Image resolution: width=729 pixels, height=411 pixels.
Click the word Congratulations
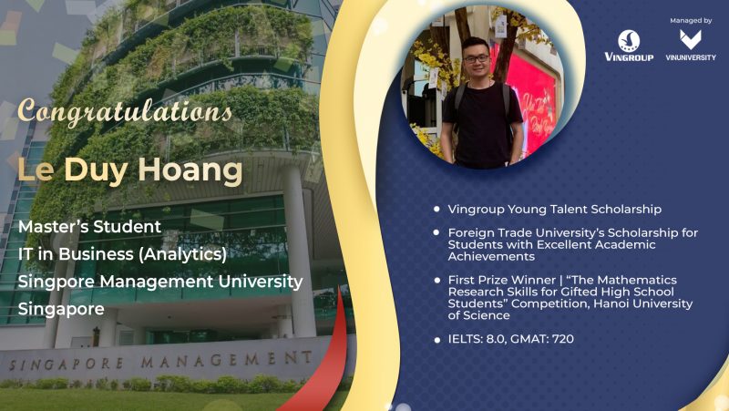pyautogui.click(x=125, y=112)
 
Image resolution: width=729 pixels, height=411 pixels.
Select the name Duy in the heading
pyautogui.click(x=96, y=170)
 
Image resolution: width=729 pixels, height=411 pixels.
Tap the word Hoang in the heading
pyautogui.click(x=190, y=170)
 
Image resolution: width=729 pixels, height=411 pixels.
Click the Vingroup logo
pyautogui.click(x=629, y=46)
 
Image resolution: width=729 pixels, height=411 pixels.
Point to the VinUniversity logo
pyautogui.click(x=691, y=46)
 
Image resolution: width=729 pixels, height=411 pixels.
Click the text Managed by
pyautogui.click(x=691, y=20)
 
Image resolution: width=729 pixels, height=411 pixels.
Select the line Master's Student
pyautogui.click(x=89, y=226)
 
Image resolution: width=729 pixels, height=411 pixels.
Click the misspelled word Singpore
pyautogui.click(x=56, y=282)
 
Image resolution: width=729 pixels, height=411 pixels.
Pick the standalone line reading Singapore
pyautogui.click(x=61, y=309)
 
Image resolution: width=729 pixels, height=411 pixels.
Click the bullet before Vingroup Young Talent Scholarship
pyautogui.click(x=436, y=210)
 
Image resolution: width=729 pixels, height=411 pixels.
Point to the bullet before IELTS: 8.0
pyautogui.click(x=436, y=340)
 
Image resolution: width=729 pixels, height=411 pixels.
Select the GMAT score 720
pyautogui.click(x=563, y=338)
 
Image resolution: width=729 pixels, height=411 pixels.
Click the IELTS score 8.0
pyautogui.click(x=496, y=339)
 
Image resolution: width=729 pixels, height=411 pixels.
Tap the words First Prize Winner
pyautogui.click(x=502, y=280)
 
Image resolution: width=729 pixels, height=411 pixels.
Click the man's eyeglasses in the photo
pyautogui.click(x=476, y=59)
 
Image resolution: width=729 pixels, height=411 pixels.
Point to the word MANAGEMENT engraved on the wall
pyautogui.click(x=226, y=359)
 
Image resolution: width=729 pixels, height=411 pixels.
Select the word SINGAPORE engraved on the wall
pyautogui.click(x=67, y=364)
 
